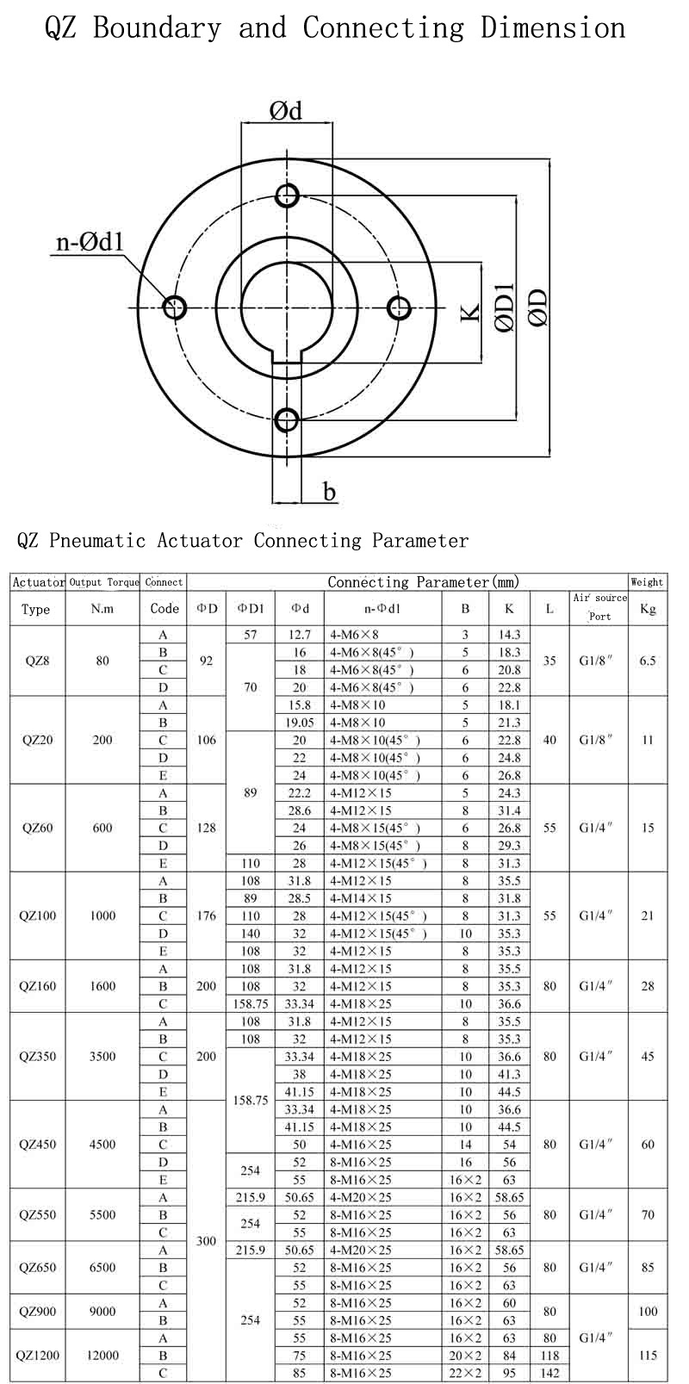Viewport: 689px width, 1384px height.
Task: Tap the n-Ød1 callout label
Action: pyautogui.click(x=90, y=242)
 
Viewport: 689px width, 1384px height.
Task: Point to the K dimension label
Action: pyautogui.click(x=469, y=311)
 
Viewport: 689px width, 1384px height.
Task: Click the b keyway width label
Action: pyautogui.click(x=329, y=492)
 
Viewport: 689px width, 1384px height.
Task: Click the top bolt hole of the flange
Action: pyautogui.click(x=287, y=195)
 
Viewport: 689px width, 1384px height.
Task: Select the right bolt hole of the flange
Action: pyautogui.click(x=398, y=307)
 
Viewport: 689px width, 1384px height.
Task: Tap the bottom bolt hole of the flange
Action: pyautogui.click(x=287, y=420)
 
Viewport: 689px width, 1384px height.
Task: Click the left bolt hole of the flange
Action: pyautogui.click(x=175, y=307)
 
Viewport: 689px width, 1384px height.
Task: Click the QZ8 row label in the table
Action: pyautogui.click(x=37, y=661)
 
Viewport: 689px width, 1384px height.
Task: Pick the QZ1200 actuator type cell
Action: pyautogui.click(x=37, y=1355)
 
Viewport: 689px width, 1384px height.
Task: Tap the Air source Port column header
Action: pyautogui.click(x=599, y=607)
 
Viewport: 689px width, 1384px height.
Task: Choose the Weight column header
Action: pyautogui.click(x=648, y=582)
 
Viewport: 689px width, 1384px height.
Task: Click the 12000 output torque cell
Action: pyautogui.click(x=102, y=1355)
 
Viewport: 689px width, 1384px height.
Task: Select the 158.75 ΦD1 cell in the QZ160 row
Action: pyautogui.click(x=250, y=1003)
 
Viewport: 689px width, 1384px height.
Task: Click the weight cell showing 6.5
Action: pyautogui.click(x=648, y=661)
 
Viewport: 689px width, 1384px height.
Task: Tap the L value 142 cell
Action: pyautogui.click(x=549, y=1373)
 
